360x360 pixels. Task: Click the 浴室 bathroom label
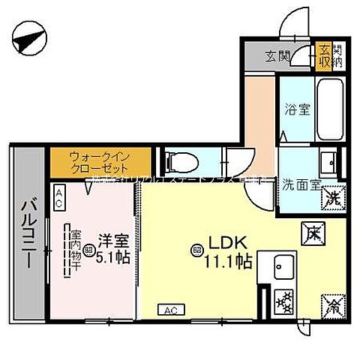click(x=292, y=108)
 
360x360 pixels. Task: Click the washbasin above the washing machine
click(x=328, y=163)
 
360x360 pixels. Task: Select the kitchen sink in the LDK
click(x=286, y=265)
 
